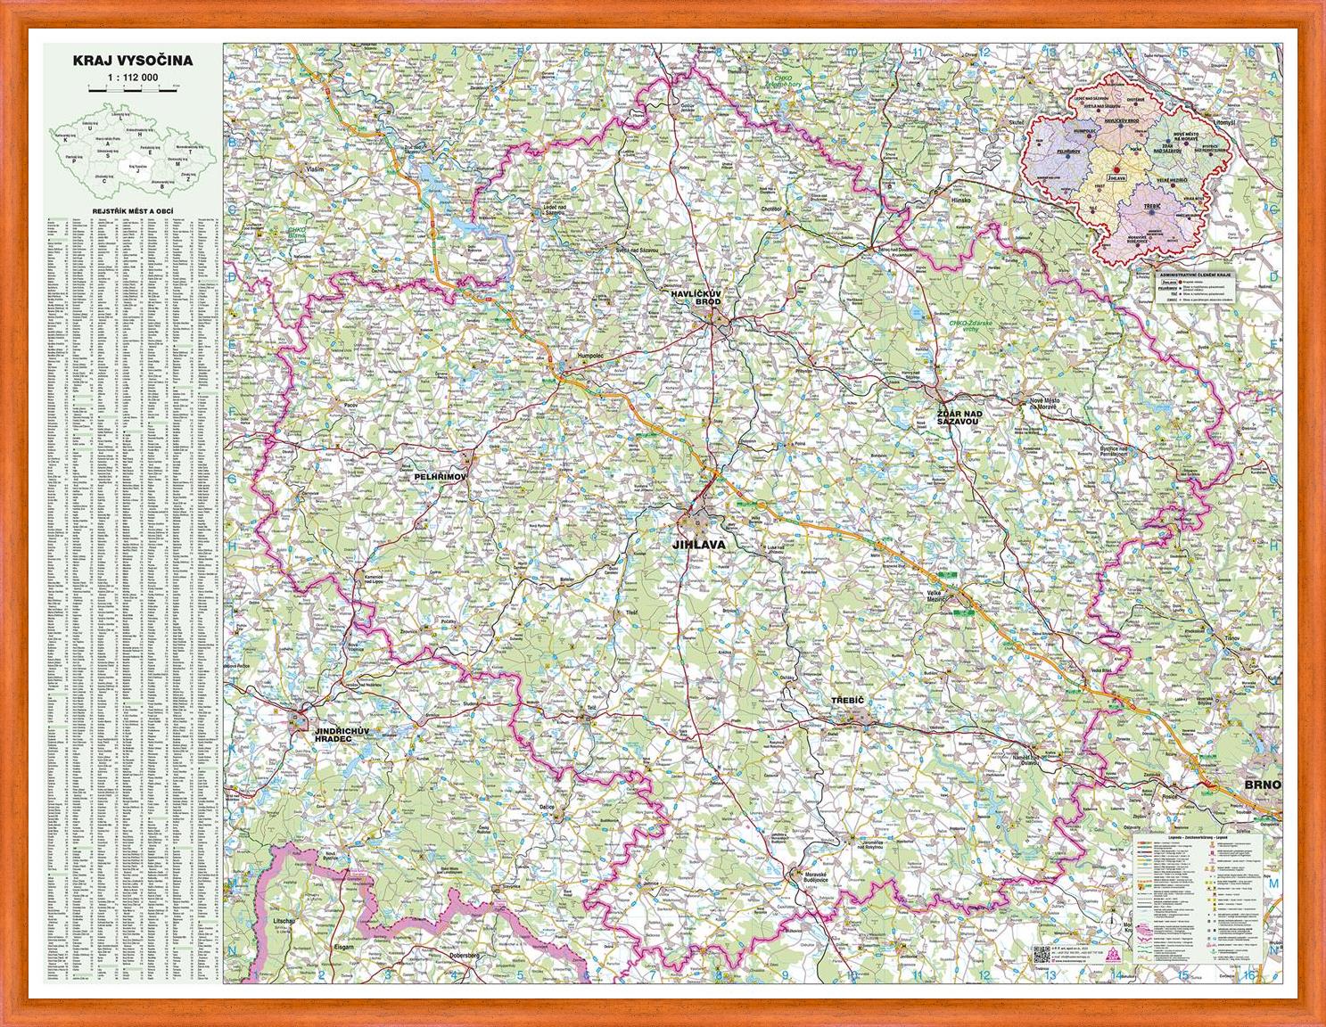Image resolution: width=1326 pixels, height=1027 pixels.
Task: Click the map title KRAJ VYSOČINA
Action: click(134, 62)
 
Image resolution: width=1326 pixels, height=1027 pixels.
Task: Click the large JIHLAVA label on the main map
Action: click(699, 543)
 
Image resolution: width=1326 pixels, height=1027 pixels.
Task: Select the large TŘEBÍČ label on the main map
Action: click(847, 702)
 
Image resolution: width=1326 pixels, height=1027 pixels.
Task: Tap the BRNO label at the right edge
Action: click(1263, 785)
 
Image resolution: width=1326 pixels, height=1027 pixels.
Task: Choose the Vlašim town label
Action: click(311, 168)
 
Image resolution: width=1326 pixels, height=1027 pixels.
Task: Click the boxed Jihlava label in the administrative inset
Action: click(1116, 177)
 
